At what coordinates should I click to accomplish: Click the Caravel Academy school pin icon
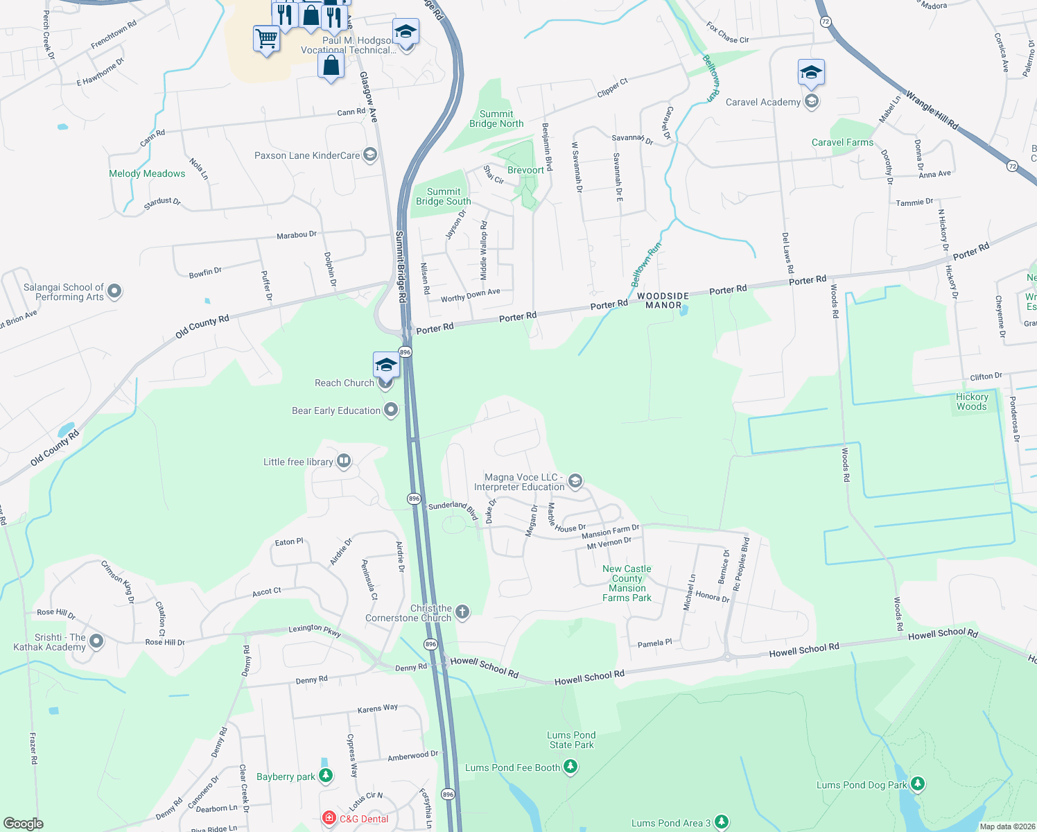[812, 102]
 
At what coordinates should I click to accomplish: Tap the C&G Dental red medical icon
[331, 819]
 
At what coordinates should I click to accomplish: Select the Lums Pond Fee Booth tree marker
[570, 767]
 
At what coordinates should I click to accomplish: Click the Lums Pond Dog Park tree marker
[918, 784]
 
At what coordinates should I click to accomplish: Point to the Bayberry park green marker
[326, 777]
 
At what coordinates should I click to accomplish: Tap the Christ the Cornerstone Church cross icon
[462, 612]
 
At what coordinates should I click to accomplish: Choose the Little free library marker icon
[344, 462]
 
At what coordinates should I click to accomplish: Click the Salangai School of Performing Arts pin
[114, 292]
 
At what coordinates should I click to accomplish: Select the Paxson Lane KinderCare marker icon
[370, 155]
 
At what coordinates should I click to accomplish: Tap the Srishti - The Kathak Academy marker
[96, 641]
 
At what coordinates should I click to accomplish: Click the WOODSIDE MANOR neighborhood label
[663, 300]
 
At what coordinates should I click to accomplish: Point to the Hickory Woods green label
[971, 401]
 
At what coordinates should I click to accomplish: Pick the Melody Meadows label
[147, 173]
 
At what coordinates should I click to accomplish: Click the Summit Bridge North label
[496, 119]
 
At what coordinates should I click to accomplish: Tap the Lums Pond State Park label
[571, 740]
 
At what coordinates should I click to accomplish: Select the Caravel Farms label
[842, 142]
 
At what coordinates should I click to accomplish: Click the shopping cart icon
[266, 38]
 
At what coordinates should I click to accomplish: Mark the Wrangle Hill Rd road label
[932, 110]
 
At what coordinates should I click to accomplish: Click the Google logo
[24, 823]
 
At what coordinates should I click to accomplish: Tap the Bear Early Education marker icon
[391, 410]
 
